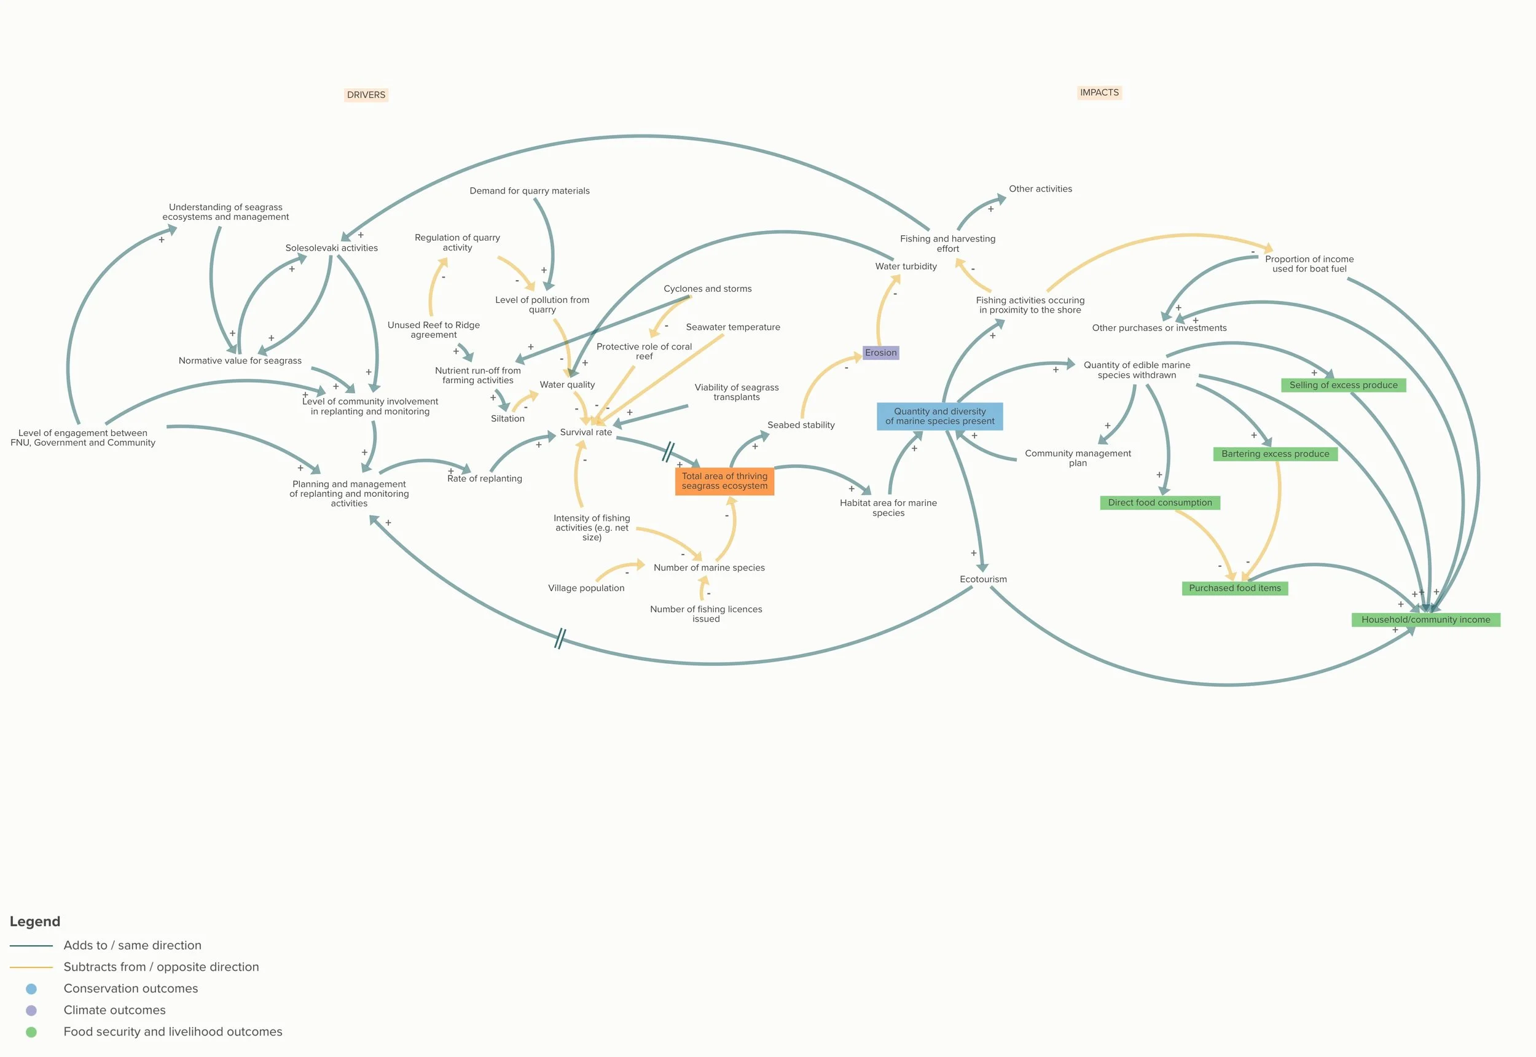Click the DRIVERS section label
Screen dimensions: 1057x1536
point(366,95)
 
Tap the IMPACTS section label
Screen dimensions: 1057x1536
point(1099,93)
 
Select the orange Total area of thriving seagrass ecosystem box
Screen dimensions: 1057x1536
point(724,481)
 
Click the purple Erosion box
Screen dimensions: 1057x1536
point(880,353)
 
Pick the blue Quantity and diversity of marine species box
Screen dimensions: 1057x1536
point(939,416)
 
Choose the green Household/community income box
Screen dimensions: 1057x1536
point(1425,620)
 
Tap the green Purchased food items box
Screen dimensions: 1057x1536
point(1234,588)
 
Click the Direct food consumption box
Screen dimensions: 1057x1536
point(1159,502)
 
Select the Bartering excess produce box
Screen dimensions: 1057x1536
point(1274,454)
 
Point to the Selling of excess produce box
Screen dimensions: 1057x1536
point(1342,385)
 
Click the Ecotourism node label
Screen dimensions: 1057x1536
point(983,580)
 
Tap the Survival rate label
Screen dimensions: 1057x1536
point(586,432)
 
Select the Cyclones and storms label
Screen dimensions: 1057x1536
point(707,289)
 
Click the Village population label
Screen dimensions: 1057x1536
point(586,588)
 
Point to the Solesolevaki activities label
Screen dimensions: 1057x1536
point(331,248)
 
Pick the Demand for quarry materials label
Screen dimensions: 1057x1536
point(529,191)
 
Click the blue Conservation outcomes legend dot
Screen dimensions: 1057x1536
point(31,989)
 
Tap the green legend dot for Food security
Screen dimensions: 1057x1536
point(31,1032)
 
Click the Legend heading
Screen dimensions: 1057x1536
point(34,921)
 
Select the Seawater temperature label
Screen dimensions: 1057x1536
point(732,327)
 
